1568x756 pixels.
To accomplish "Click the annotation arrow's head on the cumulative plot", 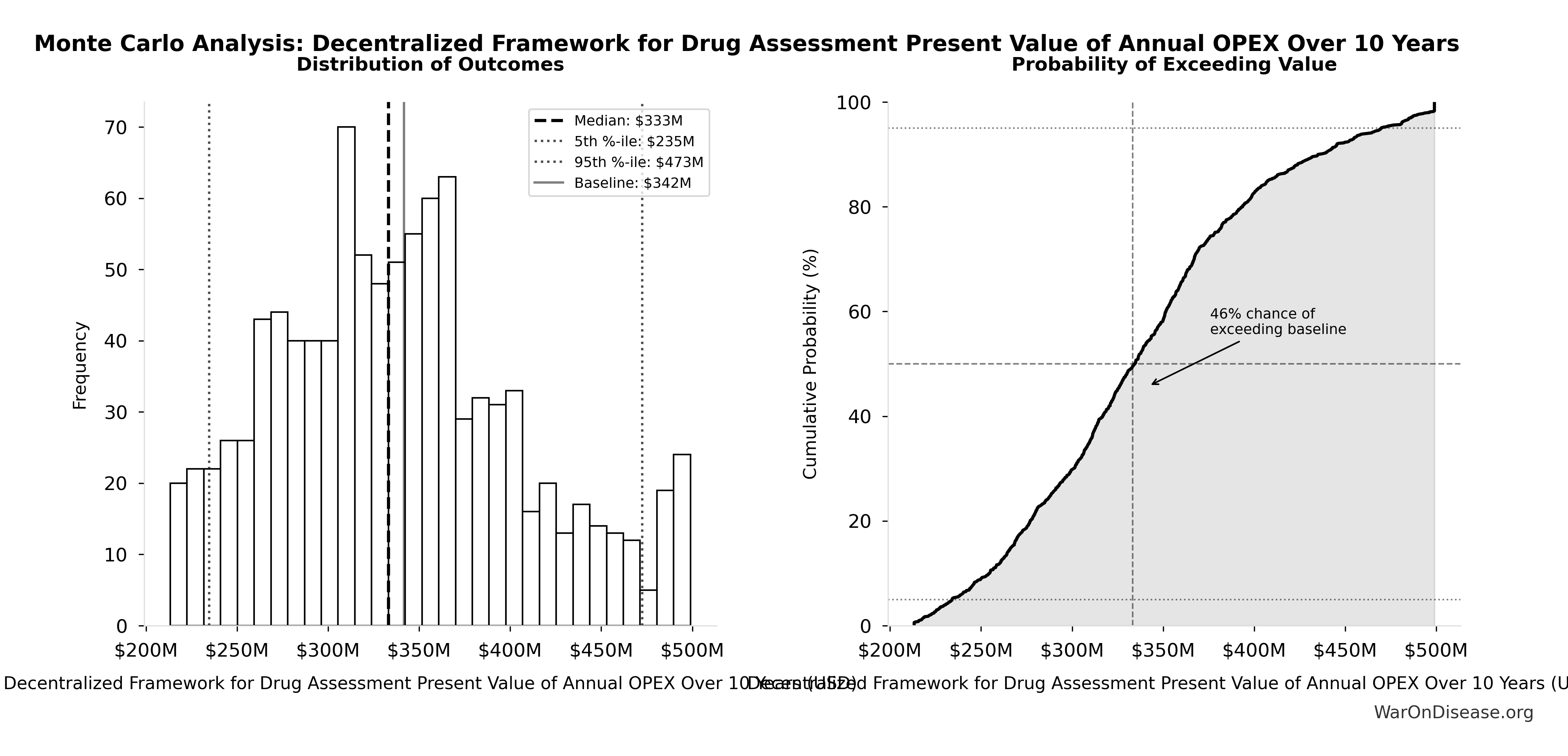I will pos(1152,384).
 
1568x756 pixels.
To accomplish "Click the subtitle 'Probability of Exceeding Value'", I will pos(1173,65).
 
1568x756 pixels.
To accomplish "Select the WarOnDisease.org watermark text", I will pos(1453,712).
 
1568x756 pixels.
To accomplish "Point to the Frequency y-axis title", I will pos(80,365).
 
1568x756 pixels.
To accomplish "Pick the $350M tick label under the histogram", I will pos(419,651).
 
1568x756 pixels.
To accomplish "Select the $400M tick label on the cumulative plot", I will pos(1254,651).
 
